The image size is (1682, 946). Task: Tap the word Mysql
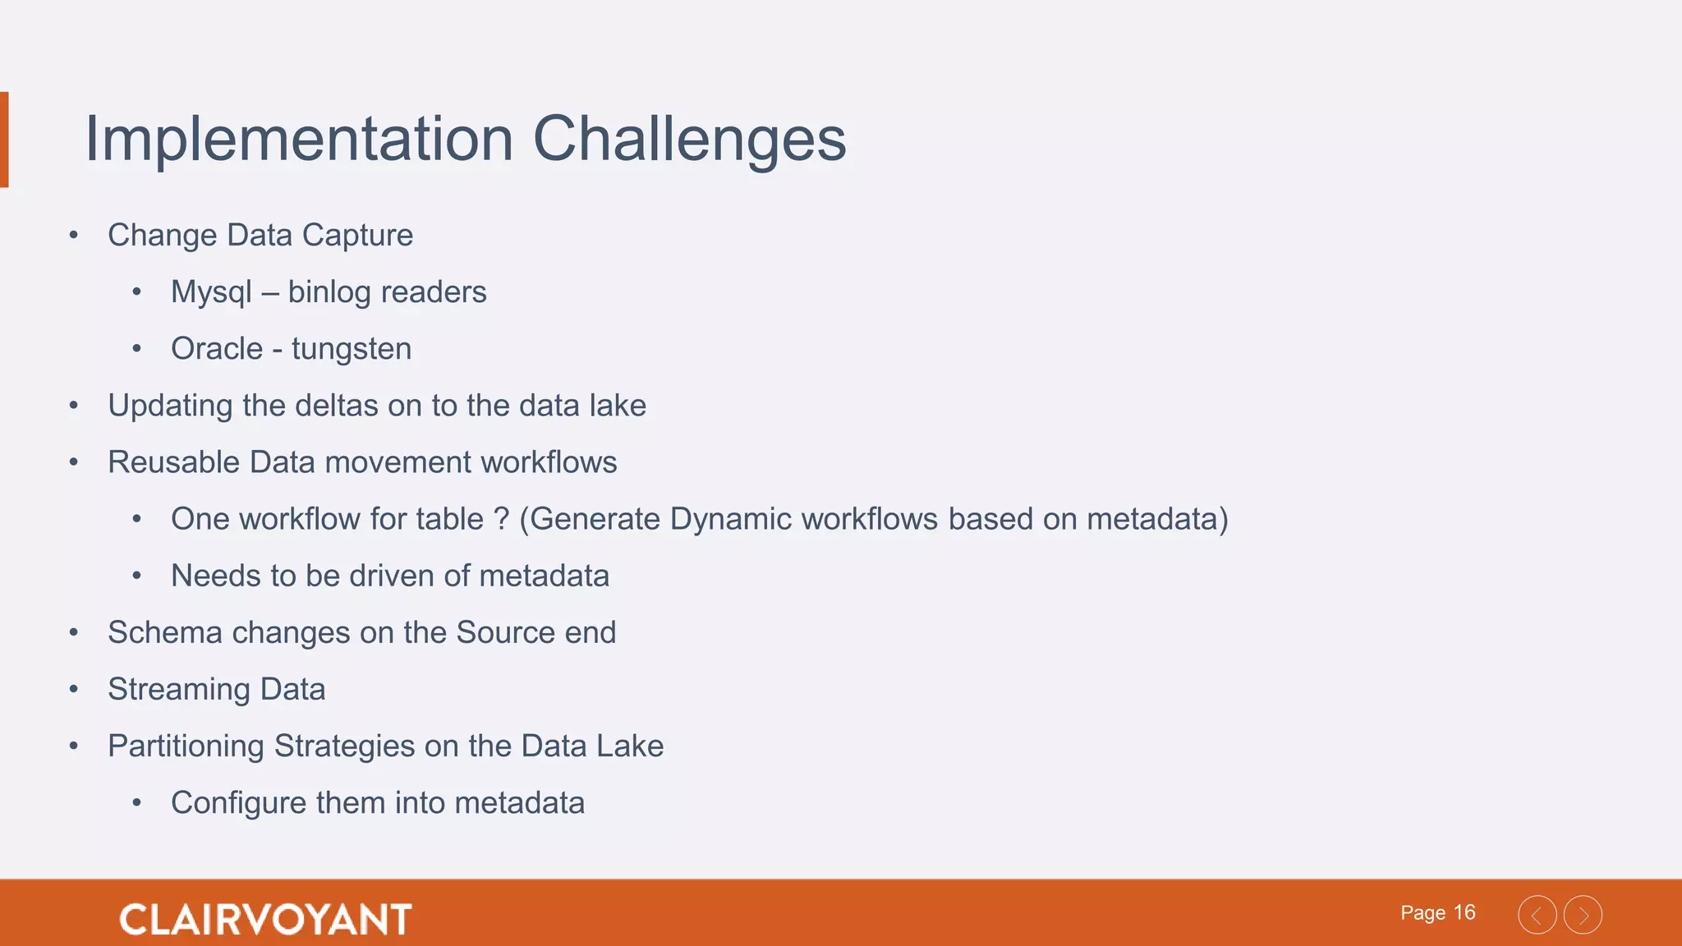click(211, 292)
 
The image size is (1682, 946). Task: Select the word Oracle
click(217, 349)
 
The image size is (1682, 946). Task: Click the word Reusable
click(173, 462)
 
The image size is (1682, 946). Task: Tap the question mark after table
click(501, 519)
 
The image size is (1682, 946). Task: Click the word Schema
click(164, 632)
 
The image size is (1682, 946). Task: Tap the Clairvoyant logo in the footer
click(265, 919)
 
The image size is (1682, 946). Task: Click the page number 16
click(1464, 912)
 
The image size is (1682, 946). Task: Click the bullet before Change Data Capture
click(74, 236)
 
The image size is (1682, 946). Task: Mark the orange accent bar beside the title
click(4, 140)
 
